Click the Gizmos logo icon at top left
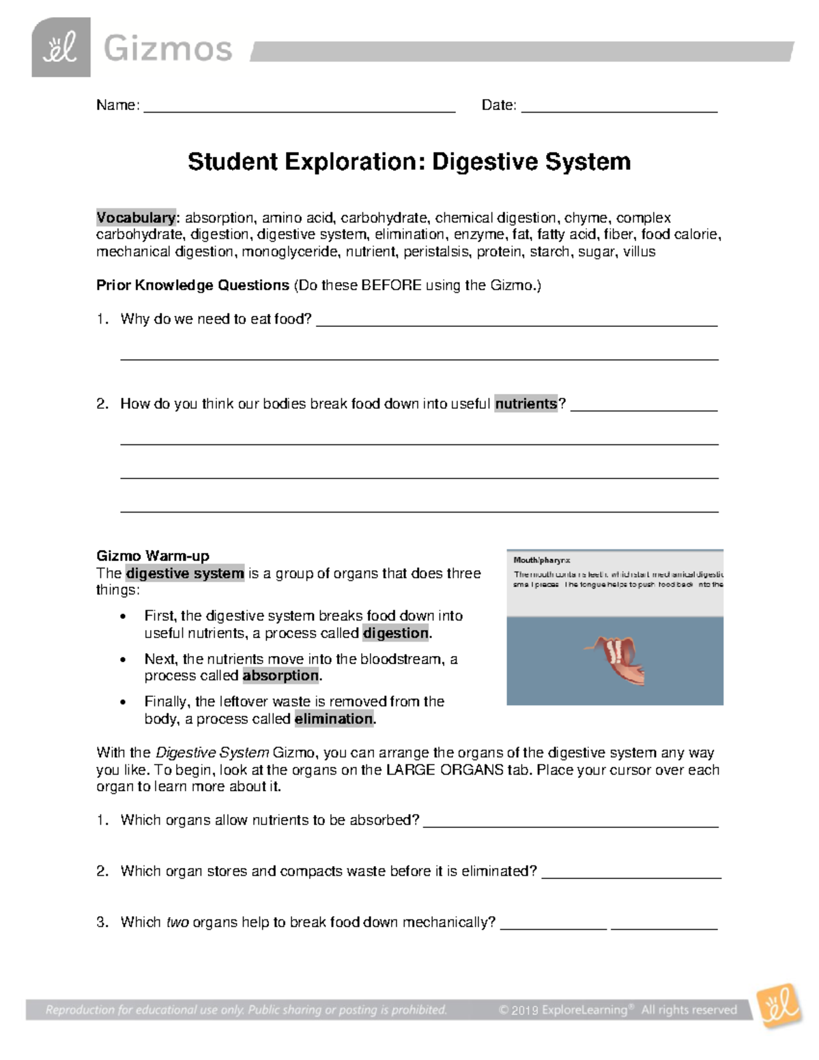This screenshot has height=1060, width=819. pos(61,48)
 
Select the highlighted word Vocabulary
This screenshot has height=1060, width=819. pos(136,218)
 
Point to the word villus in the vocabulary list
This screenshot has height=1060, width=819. pos(640,252)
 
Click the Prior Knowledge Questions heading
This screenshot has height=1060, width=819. pos(192,285)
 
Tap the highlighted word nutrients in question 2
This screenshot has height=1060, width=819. pos(526,404)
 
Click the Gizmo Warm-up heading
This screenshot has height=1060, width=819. pos(153,556)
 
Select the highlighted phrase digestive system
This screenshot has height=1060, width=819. pos(185,573)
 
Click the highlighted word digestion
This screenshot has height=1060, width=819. pos(396,633)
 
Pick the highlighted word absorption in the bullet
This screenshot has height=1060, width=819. pos(281,676)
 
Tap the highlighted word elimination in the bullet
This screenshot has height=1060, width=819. pos(334,719)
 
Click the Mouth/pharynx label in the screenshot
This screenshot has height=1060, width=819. pos(541,560)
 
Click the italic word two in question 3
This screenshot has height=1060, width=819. pos(177,923)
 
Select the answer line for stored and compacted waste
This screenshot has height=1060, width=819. pos(631,876)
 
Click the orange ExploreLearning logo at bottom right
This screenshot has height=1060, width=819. pos(780,1005)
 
